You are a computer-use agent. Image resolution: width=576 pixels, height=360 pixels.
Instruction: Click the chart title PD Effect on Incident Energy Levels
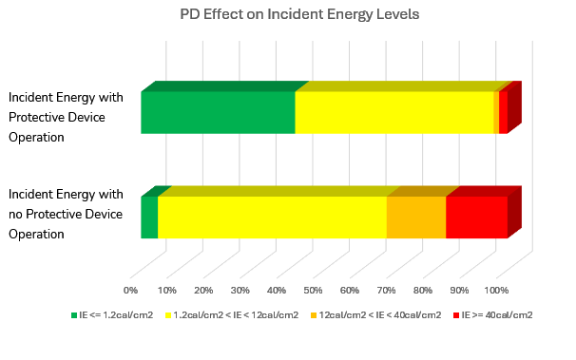click(287, 14)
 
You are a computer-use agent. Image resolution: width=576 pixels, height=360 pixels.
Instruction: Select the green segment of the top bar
click(218, 113)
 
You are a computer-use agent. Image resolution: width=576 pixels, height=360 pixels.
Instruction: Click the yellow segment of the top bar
click(394, 113)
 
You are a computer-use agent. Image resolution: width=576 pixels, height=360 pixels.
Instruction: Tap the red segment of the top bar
click(503, 113)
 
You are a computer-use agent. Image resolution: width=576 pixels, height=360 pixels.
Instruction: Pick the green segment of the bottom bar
click(149, 218)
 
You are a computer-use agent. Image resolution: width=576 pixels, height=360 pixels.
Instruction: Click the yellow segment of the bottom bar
click(272, 218)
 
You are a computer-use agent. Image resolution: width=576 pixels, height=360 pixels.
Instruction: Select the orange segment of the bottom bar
click(415, 218)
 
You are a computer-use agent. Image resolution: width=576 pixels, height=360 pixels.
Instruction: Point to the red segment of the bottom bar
click(476, 218)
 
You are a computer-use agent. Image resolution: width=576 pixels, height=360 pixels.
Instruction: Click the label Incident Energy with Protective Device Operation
click(66, 117)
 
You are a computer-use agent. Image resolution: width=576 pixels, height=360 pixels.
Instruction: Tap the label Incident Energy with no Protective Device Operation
click(66, 214)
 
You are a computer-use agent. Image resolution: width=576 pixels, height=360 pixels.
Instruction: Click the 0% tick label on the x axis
click(131, 290)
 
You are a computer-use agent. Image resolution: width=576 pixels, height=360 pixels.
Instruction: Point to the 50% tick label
click(314, 290)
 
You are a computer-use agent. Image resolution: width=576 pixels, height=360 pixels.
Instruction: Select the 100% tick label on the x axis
click(497, 290)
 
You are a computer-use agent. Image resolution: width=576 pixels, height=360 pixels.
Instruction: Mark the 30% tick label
click(240, 290)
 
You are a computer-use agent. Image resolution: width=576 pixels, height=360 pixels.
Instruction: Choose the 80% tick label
click(423, 290)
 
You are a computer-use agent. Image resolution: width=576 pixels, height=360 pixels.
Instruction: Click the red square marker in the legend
click(456, 314)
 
